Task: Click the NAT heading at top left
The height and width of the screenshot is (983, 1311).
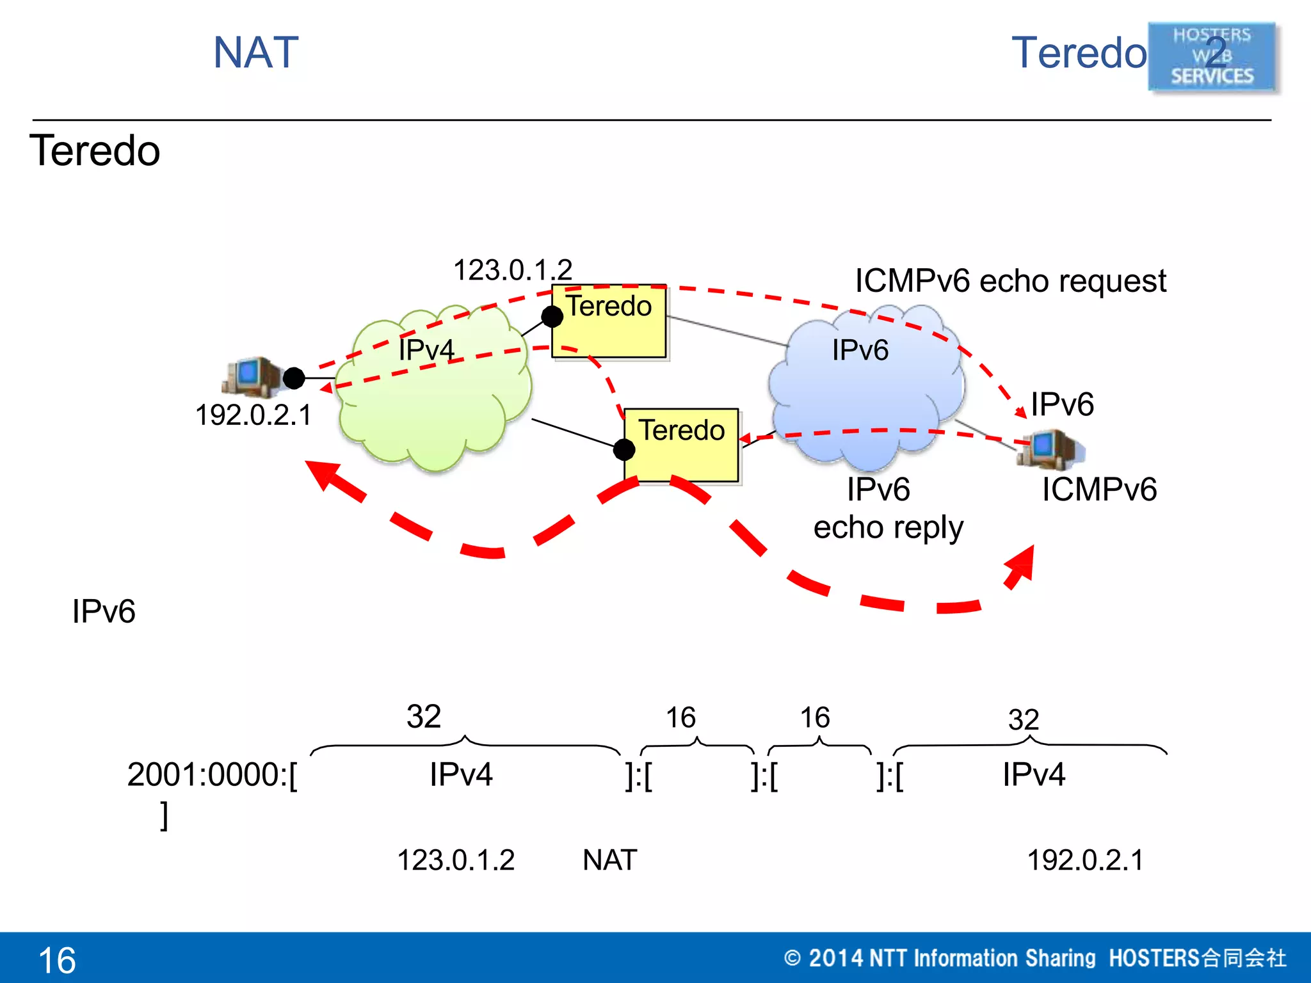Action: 256,52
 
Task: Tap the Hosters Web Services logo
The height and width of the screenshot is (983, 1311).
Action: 1212,56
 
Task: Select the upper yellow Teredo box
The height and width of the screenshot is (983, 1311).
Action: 609,322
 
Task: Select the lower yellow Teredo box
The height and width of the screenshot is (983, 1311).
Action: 682,445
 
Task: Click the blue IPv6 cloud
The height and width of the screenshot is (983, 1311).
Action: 864,384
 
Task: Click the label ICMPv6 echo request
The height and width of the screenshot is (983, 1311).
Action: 1010,281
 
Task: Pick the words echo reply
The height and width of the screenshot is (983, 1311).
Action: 888,527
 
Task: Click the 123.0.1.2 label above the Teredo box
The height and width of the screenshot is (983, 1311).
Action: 512,269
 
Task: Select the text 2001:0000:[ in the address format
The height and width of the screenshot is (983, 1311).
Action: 212,774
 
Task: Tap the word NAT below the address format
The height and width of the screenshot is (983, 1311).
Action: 609,860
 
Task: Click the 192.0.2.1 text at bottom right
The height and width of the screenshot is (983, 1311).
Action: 1085,860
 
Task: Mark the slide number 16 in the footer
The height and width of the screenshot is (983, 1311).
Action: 57,960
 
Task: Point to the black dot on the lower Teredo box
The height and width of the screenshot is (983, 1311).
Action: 623,450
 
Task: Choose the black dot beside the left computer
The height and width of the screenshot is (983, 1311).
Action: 294,378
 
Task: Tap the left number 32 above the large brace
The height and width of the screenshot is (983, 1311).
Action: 424,716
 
